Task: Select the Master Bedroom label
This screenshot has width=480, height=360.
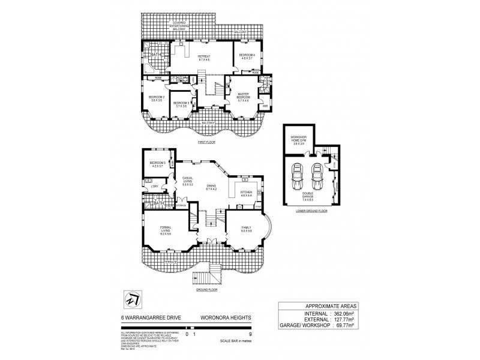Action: click(x=243, y=97)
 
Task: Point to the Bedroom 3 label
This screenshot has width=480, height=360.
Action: click(x=181, y=104)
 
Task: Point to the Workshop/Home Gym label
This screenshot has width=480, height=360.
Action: click(x=298, y=142)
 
